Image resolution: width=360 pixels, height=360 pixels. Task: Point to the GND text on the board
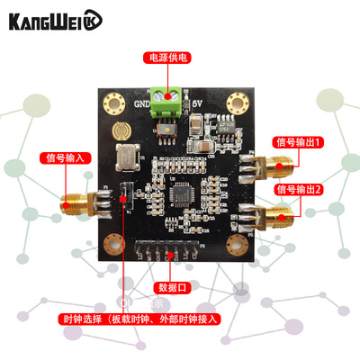coord(142,103)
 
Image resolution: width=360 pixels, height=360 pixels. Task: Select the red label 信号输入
coord(66,157)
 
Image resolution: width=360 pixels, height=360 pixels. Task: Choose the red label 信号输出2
coord(298,190)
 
